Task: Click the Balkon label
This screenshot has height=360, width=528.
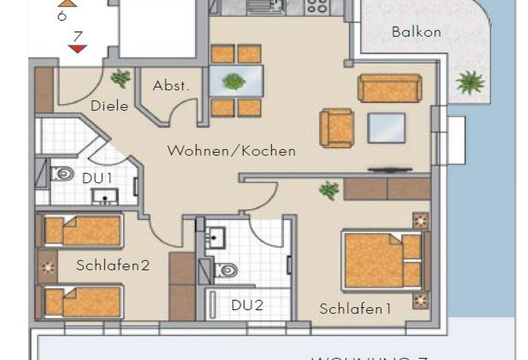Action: (416, 32)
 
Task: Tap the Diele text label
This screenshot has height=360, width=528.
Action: (109, 106)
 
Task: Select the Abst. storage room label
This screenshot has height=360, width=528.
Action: (171, 86)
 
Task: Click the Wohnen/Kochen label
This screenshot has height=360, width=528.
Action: (231, 151)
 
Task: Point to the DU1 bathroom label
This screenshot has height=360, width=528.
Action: (97, 178)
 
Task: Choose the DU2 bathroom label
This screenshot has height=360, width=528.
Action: (246, 304)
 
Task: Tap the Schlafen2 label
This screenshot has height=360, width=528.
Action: (112, 265)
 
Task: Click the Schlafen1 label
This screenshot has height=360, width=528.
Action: (355, 309)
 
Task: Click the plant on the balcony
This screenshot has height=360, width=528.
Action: (470, 82)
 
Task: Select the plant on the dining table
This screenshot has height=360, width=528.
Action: (234, 81)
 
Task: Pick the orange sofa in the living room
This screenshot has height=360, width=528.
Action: (389, 88)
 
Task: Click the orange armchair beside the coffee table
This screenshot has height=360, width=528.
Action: (337, 128)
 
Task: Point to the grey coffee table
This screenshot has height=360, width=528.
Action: (386, 128)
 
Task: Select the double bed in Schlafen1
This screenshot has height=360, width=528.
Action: (382, 261)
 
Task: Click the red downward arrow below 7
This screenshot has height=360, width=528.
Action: (78, 48)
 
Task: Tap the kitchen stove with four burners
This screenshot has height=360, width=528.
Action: (317, 7)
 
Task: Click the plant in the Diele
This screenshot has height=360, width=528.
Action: (121, 78)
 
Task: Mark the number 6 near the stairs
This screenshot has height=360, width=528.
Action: (62, 15)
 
